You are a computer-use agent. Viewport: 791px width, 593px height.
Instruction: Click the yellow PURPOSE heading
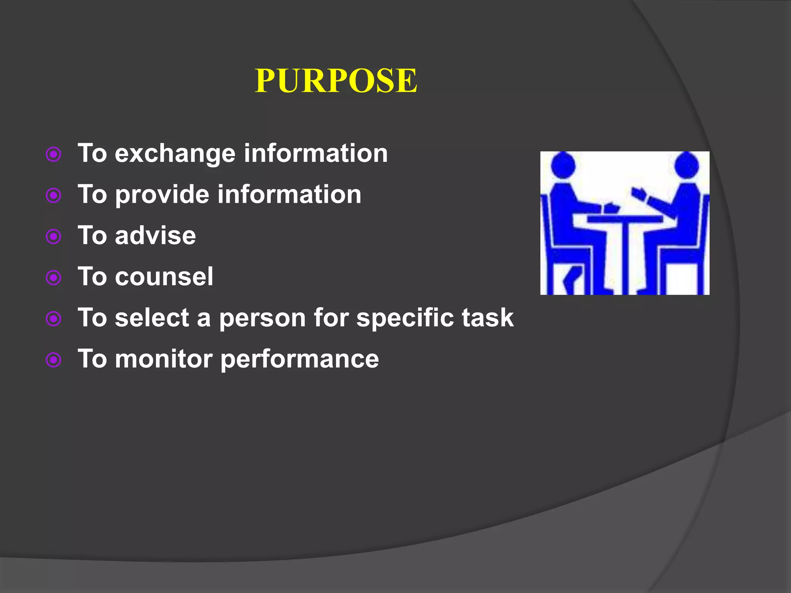[336, 81]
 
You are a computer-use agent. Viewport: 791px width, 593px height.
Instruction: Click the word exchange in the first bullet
[175, 154]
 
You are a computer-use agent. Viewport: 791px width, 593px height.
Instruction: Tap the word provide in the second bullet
[163, 195]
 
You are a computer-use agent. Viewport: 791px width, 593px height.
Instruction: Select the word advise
[155, 236]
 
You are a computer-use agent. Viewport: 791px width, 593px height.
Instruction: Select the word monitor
[164, 359]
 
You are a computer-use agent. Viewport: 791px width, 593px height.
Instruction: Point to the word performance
[300, 360]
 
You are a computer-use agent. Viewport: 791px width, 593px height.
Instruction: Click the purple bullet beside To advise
[54, 236]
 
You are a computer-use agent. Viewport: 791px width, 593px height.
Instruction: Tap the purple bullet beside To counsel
[54, 278]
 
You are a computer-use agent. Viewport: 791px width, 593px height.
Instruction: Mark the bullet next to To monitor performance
[54, 360]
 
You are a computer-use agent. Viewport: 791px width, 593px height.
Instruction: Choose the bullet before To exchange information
[54, 154]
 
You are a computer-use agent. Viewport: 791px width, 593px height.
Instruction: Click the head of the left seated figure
[563, 166]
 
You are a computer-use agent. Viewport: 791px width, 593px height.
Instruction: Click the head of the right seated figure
[686, 165]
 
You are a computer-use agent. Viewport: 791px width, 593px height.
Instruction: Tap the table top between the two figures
[625, 219]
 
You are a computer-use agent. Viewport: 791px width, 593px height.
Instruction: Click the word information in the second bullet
[289, 194]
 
